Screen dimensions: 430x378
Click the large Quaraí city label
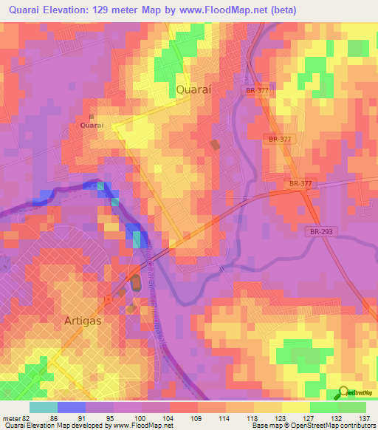197,89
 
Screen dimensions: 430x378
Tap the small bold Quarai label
92,126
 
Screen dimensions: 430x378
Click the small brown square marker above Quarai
92,117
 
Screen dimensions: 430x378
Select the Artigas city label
83,322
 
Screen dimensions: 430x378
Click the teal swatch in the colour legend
43,406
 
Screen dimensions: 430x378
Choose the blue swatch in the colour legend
71,406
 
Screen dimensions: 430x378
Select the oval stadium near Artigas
136,282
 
